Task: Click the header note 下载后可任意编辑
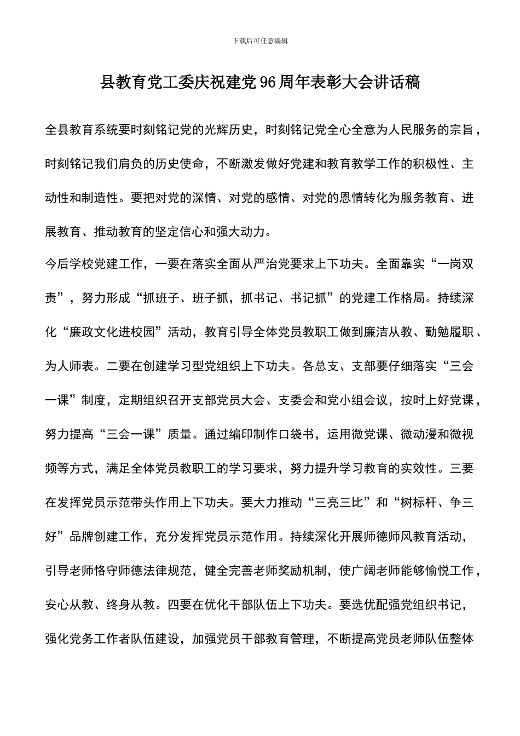click(x=260, y=41)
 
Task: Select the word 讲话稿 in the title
click(x=401, y=83)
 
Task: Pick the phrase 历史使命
click(x=180, y=164)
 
